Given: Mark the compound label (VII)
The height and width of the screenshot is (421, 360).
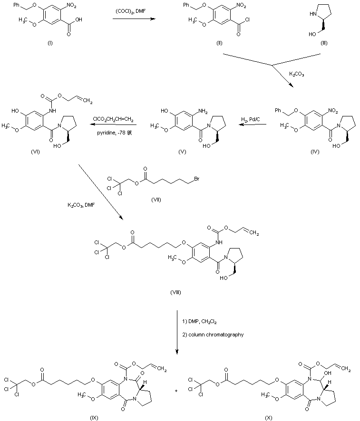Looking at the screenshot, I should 156,200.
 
